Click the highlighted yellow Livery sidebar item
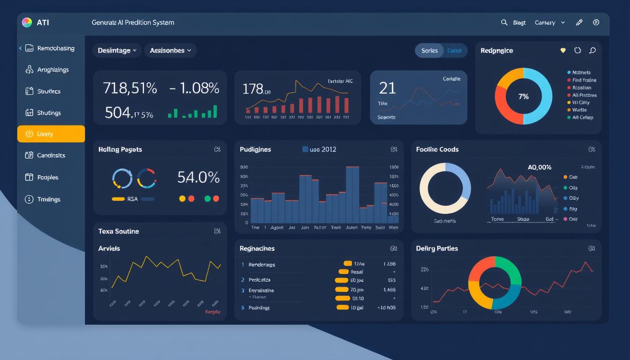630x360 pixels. (51, 134)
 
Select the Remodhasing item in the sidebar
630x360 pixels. (55, 48)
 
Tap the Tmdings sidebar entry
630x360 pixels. (49, 199)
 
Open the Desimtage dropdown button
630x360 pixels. (117, 51)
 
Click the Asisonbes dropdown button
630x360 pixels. (170, 51)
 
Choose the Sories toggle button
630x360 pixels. (429, 51)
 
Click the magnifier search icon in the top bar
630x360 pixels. (504, 22)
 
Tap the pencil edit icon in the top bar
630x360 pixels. (579, 22)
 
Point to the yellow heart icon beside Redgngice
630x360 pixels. (563, 50)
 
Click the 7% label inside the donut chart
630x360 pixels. (524, 97)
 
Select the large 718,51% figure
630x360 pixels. (129, 88)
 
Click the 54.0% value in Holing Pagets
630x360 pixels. (198, 177)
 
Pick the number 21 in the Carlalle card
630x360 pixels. (387, 88)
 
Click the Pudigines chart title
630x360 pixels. (255, 150)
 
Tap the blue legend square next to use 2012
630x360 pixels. (305, 150)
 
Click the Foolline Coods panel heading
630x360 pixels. (437, 150)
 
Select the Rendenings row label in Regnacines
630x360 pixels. (262, 265)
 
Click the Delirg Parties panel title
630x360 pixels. (437, 248)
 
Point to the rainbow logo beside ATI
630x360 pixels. (27, 22)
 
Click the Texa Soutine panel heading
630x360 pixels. (119, 231)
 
